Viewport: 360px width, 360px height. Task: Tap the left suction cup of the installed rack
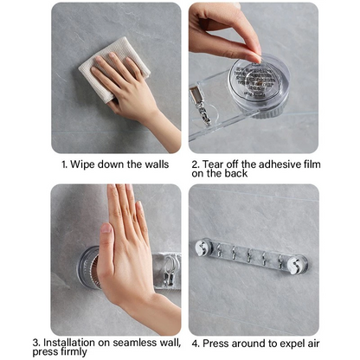click(x=203, y=247)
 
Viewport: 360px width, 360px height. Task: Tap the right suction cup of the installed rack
click(x=298, y=264)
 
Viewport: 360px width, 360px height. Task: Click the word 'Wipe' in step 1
click(x=82, y=165)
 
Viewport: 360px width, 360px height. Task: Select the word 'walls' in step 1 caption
click(x=157, y=164)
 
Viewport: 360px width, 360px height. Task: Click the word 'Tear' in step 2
click(x=213, y=164)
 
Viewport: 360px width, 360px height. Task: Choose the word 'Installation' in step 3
click(x=69, y=343)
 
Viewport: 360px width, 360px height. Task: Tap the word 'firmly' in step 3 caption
click(x=74, y=352)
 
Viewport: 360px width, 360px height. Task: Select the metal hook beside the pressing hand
click(x=170, y=270)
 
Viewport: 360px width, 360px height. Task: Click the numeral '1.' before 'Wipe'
click(x=64, y=165)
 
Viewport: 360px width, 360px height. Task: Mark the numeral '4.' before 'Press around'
click(x=196, y=344)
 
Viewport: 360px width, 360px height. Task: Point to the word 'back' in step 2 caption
click(x=236, y=174)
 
